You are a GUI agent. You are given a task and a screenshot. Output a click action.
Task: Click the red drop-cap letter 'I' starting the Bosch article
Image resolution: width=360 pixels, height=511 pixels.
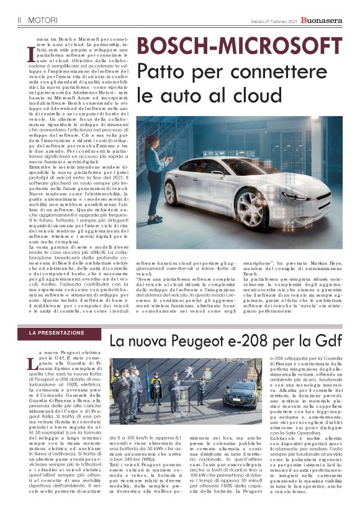click(31, 54)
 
